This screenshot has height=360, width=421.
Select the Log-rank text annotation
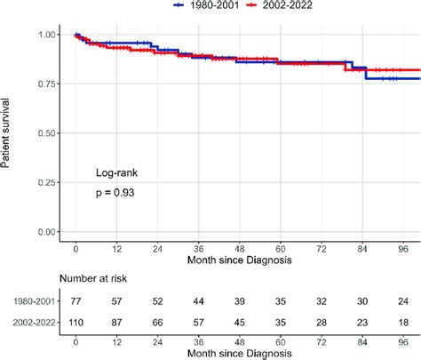pyautogui.click(x=116, y=172)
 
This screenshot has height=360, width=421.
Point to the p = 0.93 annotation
pyautogui.click(x=116, y=192)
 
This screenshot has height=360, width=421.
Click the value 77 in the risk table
pyautogui.click(x=76, y=301)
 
